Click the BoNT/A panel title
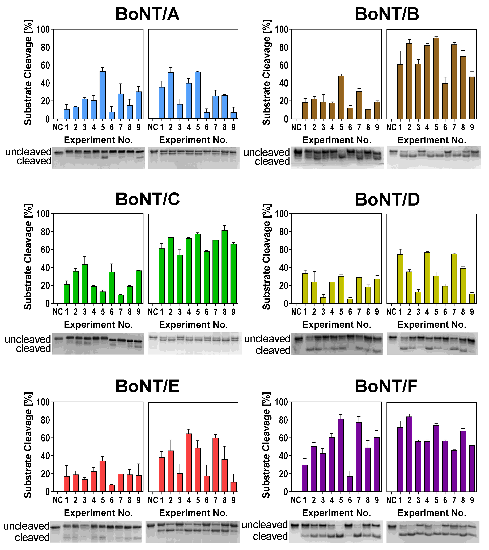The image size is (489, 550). (147, 14)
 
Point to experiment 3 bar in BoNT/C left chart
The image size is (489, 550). (85, 284)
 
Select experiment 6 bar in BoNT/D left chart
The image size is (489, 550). (350, 301)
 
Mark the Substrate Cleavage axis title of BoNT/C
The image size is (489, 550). (28, 257)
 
